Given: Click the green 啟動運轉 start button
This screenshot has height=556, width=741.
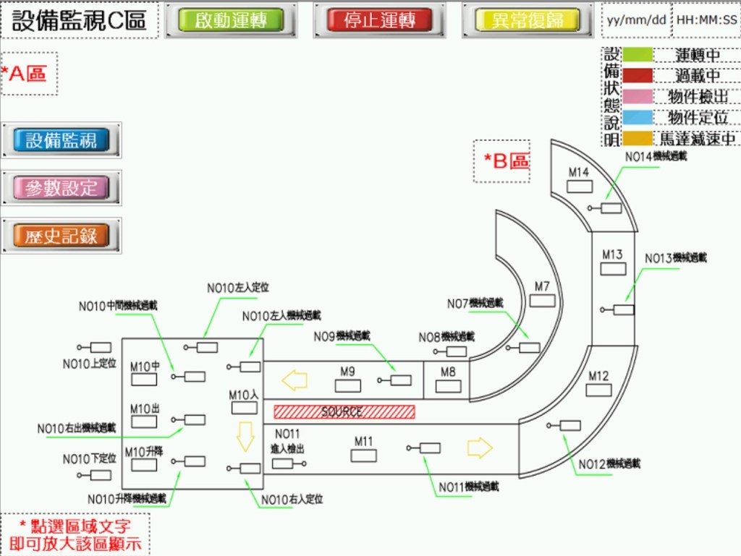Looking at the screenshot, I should click(231, 20).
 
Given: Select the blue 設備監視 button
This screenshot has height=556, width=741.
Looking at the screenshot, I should click(61, 140).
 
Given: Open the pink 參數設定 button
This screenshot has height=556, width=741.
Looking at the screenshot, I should click(61, 188).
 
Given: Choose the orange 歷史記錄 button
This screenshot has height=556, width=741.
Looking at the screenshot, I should click(61, 236).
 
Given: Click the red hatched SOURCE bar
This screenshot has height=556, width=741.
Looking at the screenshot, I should click(344, 411).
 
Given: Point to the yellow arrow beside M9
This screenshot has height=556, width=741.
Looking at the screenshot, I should click(295, 380).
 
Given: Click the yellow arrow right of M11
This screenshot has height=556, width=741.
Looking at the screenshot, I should click(479, 448).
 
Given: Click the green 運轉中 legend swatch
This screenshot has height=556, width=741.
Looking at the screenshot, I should click(638, 55).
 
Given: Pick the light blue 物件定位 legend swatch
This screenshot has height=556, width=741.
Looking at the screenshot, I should click(638, 117).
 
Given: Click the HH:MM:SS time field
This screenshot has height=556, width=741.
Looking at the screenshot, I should click(706, 20).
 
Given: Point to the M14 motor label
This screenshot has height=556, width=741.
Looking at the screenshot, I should click(579, 172).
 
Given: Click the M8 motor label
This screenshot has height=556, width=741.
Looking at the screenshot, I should click(448, 372).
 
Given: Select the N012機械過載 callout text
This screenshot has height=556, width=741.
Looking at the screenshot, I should click(609, 463).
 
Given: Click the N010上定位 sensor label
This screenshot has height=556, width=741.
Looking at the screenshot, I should click(89, 364).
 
